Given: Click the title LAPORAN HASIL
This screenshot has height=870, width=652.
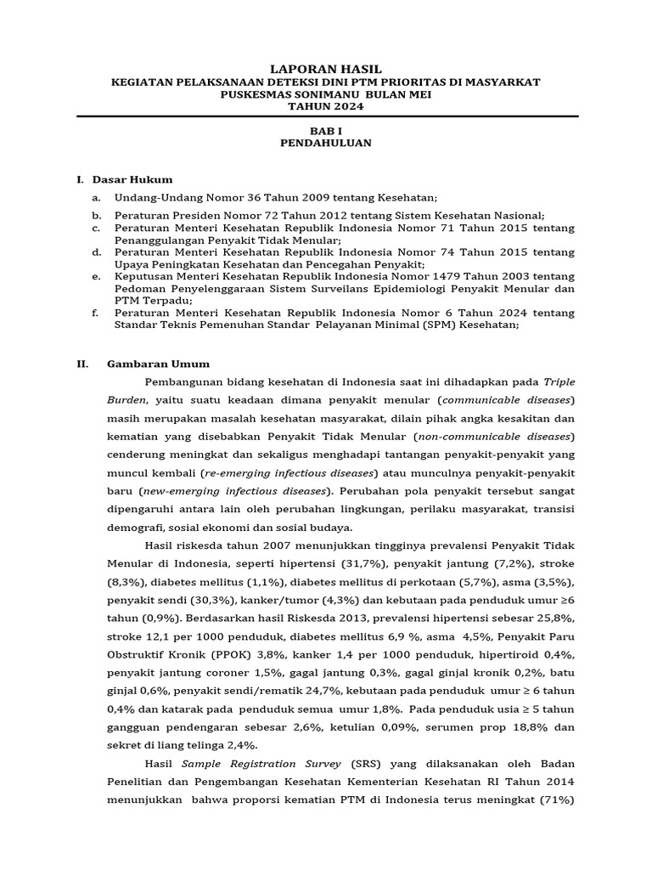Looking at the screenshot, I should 326,68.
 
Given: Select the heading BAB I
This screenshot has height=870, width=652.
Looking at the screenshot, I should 326,131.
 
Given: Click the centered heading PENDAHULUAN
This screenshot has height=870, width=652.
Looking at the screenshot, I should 326,144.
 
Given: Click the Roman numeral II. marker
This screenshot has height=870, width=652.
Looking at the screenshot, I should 82,364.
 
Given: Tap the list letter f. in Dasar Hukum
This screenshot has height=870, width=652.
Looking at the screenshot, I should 95,313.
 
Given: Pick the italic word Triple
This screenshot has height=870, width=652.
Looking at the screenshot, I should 559,381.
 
